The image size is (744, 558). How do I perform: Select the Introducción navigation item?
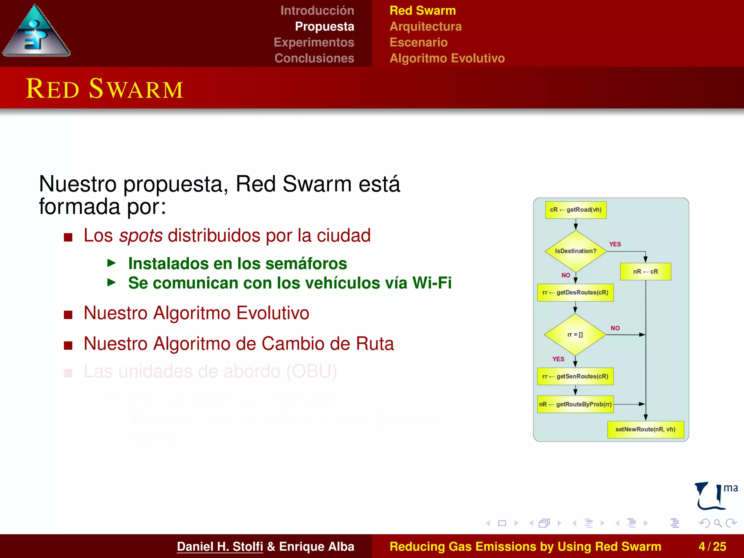pyautogui.click(x=317, y=11)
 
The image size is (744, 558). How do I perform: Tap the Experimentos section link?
pyautogui.click(x=314, y=42)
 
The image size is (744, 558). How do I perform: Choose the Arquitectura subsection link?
pyautogui.click(x=425, y=27)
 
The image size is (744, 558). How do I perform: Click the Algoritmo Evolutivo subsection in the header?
pyautogui.click(x=447, y=58)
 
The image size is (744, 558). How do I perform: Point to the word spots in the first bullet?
pyautogui.click(x=141, y=235)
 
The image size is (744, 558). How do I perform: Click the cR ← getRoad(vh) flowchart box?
pyautogui.click(x=576, y=210)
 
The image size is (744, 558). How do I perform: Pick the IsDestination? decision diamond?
pyautogui.click(x=575, y=251)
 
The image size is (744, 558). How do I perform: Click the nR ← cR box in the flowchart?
pyautogui.click(x=645, y=272)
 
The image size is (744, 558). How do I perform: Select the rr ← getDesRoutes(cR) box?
pyautogui.click(x=575, y=293)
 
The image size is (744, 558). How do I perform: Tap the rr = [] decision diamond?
pyautogui.click(x=575, y=335)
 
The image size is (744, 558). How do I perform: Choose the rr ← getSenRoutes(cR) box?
pyautogui.click(x=575, y=376)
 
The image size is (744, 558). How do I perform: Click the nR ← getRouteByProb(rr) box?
pyautogui.click(x=575, y=404)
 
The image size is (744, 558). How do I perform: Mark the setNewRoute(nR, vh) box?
pyautogui.click(x=645, y=429)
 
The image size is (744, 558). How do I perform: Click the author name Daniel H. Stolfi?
pyautogui.click(x=220, y=546)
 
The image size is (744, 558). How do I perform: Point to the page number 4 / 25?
pyautogui.click(x=712, y=546)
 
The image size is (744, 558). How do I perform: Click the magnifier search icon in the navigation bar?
pyautogui.click(x=717, y=523)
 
